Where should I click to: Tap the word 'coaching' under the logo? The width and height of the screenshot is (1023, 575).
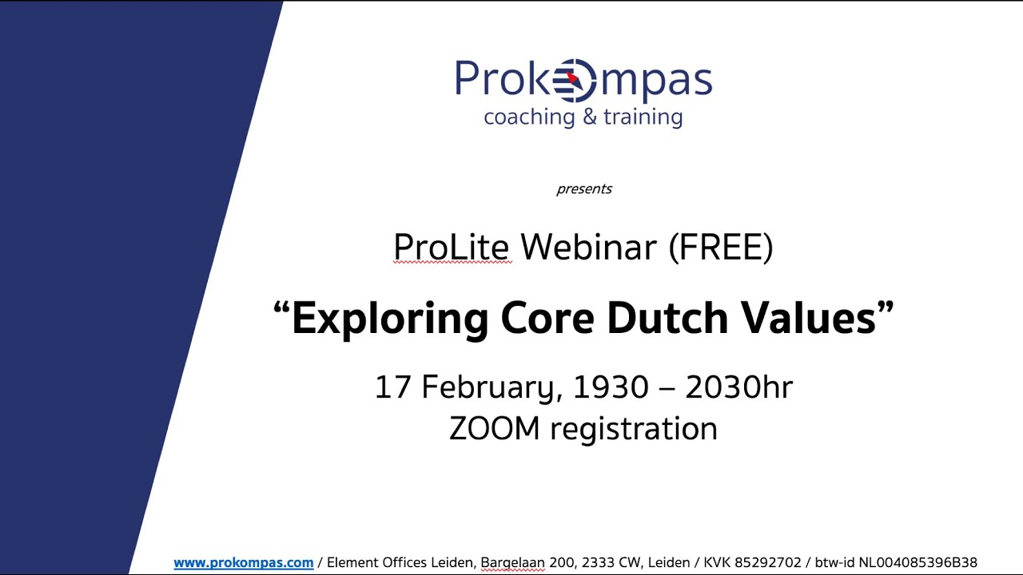click(529, 117)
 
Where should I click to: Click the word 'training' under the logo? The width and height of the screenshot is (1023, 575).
click(643, 117)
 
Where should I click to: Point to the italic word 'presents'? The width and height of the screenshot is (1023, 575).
click(584, 189)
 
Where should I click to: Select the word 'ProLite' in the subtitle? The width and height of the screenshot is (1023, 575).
click(452, 248)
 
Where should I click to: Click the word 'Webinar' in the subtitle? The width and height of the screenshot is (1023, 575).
click(588, 248)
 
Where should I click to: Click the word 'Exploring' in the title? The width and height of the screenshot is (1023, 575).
click(389, 318)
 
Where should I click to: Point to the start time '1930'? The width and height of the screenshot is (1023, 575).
click(611, 387)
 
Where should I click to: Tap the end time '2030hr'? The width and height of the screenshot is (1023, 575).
click(738, 387)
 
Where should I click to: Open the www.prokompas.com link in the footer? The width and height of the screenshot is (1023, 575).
click(243, 563)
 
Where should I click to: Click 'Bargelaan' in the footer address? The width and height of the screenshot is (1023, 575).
click(512, 563)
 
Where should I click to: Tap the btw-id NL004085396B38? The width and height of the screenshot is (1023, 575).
click(918, 563)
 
